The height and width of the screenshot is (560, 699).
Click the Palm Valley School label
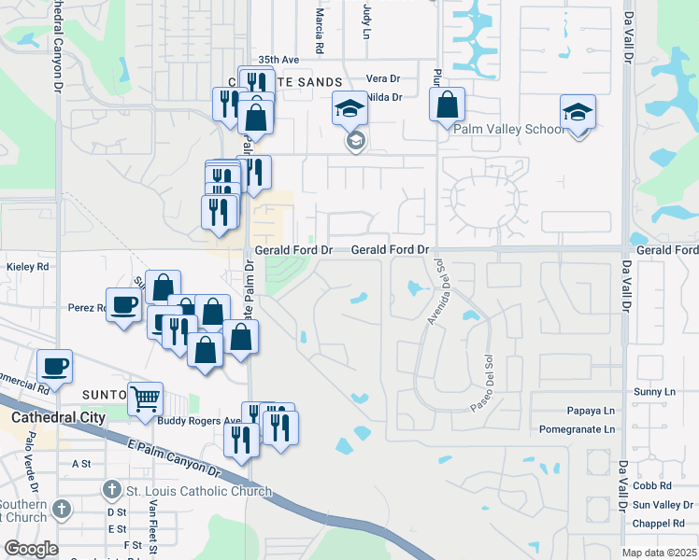point(509,129)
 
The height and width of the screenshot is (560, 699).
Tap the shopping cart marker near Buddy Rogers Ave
point(145,399)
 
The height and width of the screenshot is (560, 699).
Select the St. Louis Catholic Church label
point(199,491)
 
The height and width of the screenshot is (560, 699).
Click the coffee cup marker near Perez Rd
point(123,305)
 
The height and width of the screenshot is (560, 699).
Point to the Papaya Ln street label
point(591,411)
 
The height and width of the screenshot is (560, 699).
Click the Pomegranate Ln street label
point(578,429)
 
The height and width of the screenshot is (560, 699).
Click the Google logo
point(30,549)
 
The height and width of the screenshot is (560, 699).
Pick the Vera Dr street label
point(383,78)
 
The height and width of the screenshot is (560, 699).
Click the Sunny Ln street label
point(653,392)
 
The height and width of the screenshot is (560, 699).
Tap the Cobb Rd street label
point(651,486)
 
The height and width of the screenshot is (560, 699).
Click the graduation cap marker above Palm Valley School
point(578,113)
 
